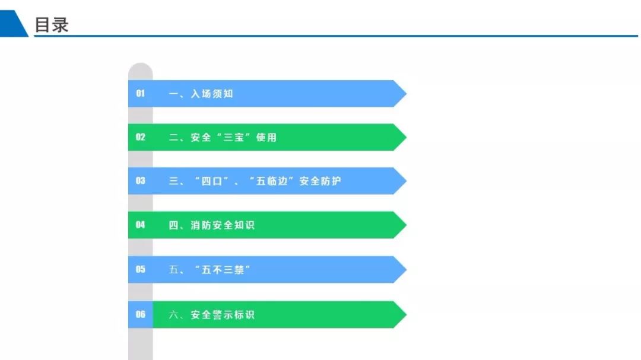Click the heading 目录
52,25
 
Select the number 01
140,94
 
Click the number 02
140,138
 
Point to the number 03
140,181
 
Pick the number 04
140,225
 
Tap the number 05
140,269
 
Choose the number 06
140,314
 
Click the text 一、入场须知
201,94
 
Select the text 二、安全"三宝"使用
223,138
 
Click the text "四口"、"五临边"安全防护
268,181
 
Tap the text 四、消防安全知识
212,225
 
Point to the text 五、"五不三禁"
210,270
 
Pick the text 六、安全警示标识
212,315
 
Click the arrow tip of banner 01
407,94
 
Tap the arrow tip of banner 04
407,225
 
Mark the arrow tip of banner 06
407,314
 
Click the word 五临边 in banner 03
272,181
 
